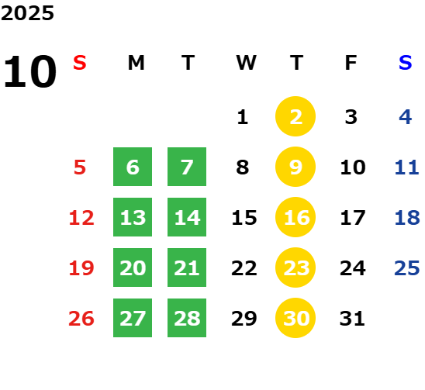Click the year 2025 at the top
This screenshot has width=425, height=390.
27,13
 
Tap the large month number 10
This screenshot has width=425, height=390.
29,71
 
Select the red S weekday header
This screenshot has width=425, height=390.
80,63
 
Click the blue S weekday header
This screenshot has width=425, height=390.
406,63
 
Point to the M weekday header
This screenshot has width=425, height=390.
136,63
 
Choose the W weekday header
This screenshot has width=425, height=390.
246,63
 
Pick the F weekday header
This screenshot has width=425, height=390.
351,63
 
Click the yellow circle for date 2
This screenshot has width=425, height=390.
295,116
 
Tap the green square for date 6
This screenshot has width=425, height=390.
133,167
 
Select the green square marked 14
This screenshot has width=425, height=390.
187,217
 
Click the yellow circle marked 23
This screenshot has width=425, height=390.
295,267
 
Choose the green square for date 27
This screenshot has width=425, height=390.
133,318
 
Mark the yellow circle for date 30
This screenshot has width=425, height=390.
295,318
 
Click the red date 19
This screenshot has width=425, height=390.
81,268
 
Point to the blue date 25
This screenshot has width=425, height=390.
407,268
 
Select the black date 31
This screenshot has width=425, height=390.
352,319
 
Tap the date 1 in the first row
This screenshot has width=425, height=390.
243,117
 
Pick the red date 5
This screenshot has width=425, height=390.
80,167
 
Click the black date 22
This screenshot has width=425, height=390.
244,268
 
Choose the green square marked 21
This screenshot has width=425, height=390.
187,267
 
